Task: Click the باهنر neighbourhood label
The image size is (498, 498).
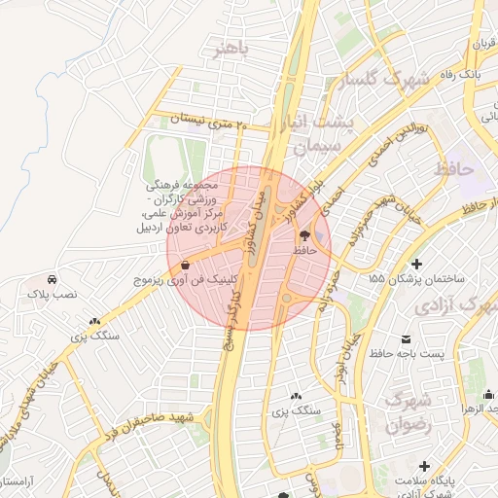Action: point(233,48)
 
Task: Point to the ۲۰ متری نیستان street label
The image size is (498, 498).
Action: point(209,121)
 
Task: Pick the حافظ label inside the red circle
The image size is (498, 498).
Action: point(306,250)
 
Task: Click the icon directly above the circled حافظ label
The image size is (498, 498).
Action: point(304,235)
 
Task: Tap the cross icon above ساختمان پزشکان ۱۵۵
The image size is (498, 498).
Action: point(417,264)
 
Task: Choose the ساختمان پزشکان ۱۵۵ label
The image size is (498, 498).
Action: point(418,279)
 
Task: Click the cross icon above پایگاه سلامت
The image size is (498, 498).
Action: point(423,466)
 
